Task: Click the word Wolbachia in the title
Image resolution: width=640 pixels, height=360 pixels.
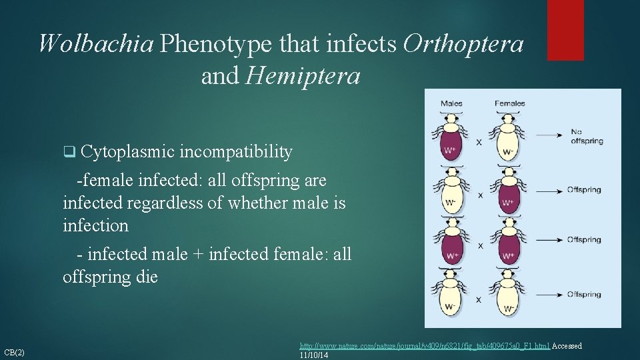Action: coord(95,44)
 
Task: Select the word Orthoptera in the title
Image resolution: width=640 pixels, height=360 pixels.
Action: coord(463,44)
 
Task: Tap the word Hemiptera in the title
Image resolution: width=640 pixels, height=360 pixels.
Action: coord(303,77)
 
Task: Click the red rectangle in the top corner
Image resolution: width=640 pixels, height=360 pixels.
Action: coord(565,30)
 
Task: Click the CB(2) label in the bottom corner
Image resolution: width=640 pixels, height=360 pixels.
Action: coord(15,352)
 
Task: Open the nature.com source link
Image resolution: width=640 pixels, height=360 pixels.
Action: coord(424,346)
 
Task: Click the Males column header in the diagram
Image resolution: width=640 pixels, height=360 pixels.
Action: coord(451,103)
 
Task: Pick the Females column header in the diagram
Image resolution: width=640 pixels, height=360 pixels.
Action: coord(509,103)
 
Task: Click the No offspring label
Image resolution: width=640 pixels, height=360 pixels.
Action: coord(587,137)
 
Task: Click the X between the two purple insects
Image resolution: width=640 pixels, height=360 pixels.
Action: coord(481,246)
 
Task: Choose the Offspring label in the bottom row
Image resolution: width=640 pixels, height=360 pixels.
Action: coord(584,294)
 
